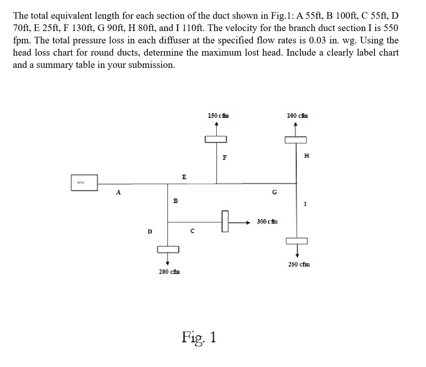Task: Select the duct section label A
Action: pyautogui.click(x=119, y=192)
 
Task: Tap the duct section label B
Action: pyautogui.click(x=175, y=201)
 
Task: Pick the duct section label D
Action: pyautogui.click(x=150, y=231)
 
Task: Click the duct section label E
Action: pyautogui.click(x=184, y=177)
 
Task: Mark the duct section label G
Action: pyautogui.click(x=274, y=192)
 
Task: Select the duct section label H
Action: pyautogui.click(x=306, y=156)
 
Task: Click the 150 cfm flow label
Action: pyautogui.click(x=219, y=116)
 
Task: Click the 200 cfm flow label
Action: pyautogui.click(x=169, y=271)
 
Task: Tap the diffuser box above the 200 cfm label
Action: pyautogui.click(x=168, y=249)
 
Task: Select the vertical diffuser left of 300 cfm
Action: pyautogui.click(x=225, y=222)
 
